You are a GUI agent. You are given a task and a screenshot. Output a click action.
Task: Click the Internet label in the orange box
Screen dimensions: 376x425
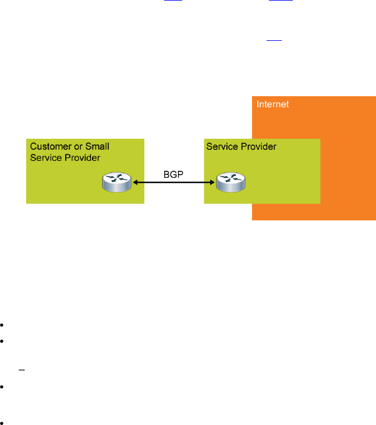pos(273,104)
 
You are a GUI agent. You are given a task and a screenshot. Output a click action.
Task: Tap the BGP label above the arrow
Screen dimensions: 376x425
pos(173,174)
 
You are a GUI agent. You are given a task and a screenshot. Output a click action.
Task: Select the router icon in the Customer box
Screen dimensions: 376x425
pos(115,182)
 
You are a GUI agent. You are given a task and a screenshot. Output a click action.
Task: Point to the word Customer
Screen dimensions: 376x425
pos(50,146)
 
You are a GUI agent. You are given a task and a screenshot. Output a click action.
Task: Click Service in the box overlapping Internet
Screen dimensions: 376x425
pos(222,146)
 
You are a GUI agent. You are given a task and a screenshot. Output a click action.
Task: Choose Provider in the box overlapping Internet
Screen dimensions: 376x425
pos(258,146)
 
